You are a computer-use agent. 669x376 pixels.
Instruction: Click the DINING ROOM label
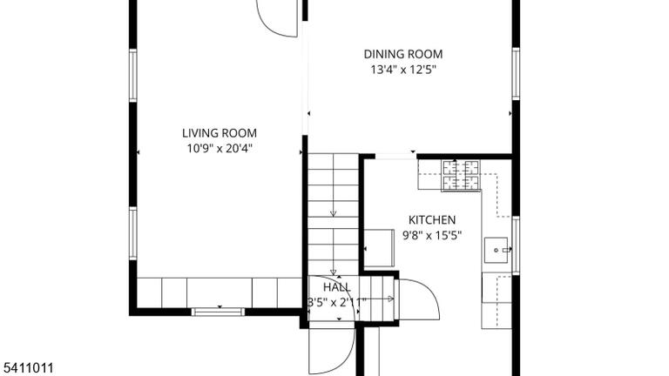[x=402, y=54]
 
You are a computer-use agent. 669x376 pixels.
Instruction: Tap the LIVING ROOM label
[x=220, y=133]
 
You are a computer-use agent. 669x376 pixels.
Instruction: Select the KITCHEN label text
[x=432, y=220]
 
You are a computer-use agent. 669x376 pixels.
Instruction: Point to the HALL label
[x=336, y=287]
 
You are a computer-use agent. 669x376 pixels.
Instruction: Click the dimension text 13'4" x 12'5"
[x=403, y=70]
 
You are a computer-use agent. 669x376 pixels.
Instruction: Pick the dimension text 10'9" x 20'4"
[x=220, y=148]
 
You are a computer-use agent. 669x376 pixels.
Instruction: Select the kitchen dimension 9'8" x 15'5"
[x=432, y=235]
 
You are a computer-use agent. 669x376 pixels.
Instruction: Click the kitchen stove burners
[x=461, y=175]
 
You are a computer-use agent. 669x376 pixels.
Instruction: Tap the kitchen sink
[x=496, y=250]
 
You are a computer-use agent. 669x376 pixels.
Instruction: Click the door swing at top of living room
[x=276, y=19]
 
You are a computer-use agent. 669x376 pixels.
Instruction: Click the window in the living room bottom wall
[x=218, y=312]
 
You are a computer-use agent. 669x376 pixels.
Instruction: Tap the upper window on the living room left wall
[x=133, y=76]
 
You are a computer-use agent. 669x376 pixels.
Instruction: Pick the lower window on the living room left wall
[x=133, y=233]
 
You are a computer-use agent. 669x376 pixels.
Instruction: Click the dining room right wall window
[x=516, y=73]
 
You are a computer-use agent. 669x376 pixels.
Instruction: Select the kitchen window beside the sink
[x=516, y=245]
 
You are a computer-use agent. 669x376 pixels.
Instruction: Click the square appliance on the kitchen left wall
[x=379, y=248]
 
